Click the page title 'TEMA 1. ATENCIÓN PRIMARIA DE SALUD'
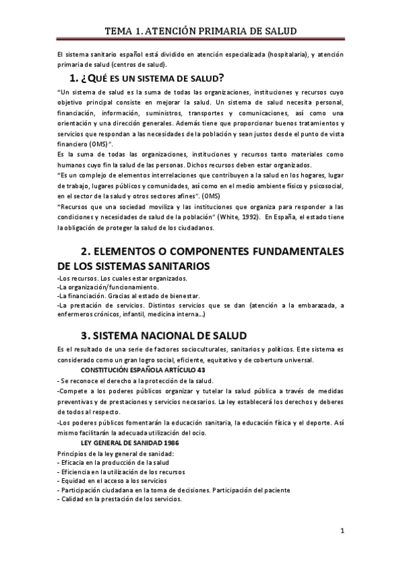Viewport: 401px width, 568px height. click(x=200, y=31)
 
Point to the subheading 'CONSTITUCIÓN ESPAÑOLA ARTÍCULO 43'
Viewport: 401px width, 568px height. click(x=143, y=370)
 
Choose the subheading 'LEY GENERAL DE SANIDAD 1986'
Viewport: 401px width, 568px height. click(x=130, y=444)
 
